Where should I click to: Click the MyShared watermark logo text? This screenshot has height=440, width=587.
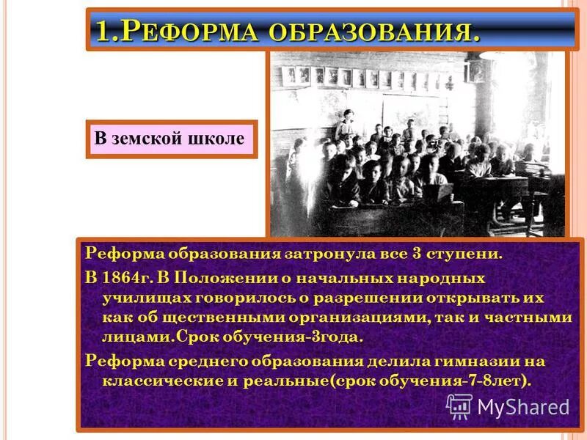[524, 406]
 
